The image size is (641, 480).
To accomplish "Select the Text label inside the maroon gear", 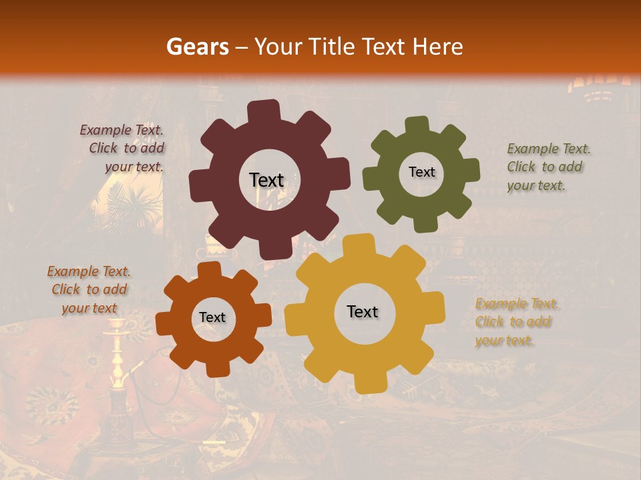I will pyautogui.click(x=266, y=180).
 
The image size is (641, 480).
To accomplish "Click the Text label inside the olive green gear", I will pyautogui.click(x=421, y=172).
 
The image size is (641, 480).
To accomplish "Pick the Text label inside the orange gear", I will pyautogui.click(x=212, y=318).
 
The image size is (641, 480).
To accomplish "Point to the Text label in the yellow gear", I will pyautogui.click(x=363, y=312).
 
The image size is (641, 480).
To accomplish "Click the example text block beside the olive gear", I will pyautogui.click(x=548, y=167).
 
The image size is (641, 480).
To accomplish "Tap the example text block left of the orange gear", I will pyautogui.click(x=89, y=290).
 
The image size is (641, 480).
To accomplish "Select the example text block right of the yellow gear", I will pyautogui.click(x=516, y=322).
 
